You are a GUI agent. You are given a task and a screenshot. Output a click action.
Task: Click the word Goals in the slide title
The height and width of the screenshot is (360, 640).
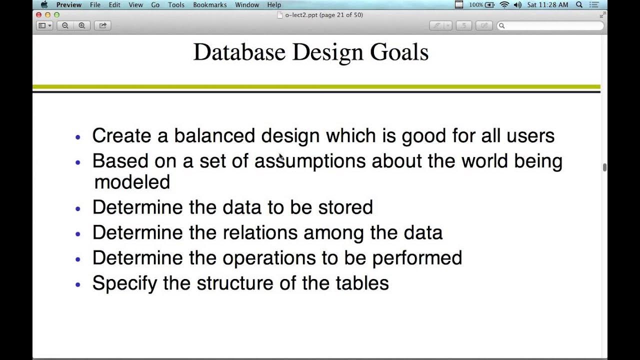point(399,52)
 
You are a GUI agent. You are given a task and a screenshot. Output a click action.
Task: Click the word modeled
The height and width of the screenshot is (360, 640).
point(132,182)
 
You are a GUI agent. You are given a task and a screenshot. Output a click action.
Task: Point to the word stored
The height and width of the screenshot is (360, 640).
point(345,207)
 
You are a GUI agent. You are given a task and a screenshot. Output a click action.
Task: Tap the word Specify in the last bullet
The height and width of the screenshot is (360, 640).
point(125,283)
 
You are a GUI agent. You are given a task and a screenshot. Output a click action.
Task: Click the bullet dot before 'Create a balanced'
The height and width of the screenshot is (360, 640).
point(77,136)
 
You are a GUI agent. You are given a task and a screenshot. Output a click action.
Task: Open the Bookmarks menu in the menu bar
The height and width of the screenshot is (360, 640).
point(209,5)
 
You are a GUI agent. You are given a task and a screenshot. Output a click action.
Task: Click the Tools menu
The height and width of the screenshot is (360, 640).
point(176,5)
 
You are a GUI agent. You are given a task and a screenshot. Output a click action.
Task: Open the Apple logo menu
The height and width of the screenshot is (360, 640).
point(44,5)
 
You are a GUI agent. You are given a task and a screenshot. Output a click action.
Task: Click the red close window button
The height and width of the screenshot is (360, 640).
point(39,15)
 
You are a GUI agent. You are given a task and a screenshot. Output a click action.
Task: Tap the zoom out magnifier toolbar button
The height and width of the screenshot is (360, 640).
point(65,25)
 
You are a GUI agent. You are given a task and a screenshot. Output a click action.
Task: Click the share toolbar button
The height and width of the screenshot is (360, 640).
point(103,25)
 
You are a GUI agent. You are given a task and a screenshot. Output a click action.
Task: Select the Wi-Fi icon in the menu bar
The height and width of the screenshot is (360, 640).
point(504,5)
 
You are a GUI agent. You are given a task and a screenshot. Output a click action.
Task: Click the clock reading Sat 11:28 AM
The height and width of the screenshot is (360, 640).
point(547,5)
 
